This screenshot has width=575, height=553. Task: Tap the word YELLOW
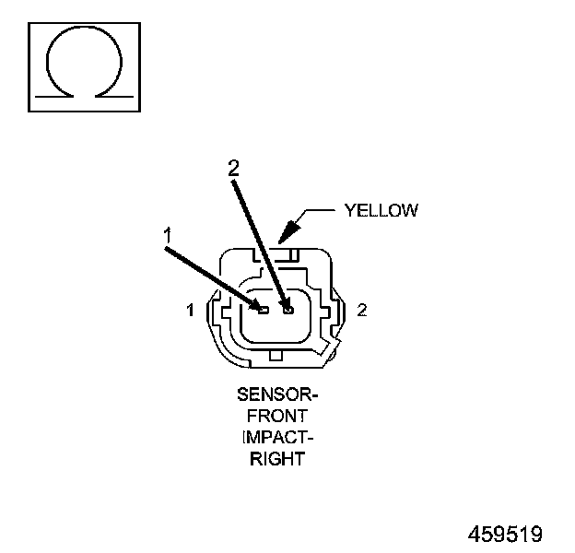tap(381, 210)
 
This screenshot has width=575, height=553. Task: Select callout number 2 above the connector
tap(233, 167)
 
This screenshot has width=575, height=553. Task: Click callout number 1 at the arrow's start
tap(169, 237)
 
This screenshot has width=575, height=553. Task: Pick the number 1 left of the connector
tap(191, 311)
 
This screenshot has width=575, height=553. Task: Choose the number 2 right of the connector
tap(362, 311)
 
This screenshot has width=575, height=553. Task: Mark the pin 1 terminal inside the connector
tap(263, 311)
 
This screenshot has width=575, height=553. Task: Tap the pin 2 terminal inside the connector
tap(287, 311)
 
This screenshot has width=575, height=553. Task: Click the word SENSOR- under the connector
tap(276, 395)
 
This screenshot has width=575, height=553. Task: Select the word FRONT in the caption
tap(276, 415)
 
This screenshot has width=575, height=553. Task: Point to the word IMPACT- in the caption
tap(276, 435)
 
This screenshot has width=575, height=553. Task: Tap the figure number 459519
tap(505, 534)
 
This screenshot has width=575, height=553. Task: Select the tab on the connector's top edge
tap(290, 253)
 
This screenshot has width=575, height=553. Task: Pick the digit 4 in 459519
tap(475, 534)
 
